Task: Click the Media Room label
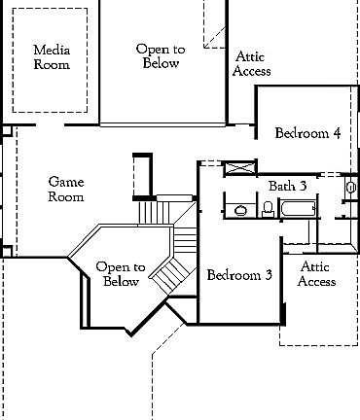[x=52, y=57]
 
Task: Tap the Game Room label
[x=67, y=189]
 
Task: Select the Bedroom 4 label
[x=306, y=133]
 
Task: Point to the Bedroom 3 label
[x=238, y=275]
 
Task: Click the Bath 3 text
[x=288, y=185]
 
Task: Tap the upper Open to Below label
[x=157, y=55]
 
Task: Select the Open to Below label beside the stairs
[x=120, y=274]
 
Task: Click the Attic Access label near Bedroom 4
[x=252, y=64]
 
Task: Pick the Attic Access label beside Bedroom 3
[x=316, y=274]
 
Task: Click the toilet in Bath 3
[x=267, y=207]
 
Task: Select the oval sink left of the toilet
[x=238, y=207]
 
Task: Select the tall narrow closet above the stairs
[x=142, y=175]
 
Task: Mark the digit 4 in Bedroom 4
[x=336, y=133]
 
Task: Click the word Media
[x=52, y=50]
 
